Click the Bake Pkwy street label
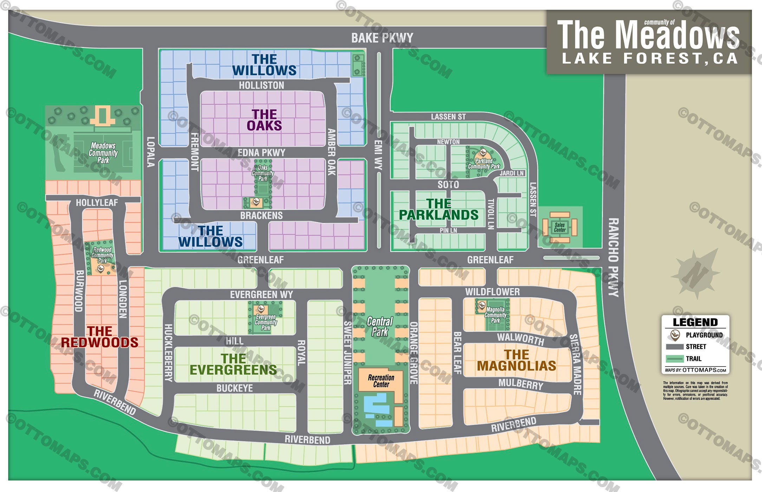pos(382,38)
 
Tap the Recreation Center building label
pos(381,381)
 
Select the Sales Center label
pos(560,227)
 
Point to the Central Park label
pos(380,326)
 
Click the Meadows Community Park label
pos(103,153)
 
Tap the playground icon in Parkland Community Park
pos(483,153)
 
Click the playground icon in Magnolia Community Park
pos(482,305)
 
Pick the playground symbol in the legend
pos(675,335)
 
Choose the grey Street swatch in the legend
pos(675,347)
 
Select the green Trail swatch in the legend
pos(675,359)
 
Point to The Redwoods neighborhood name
pos(99,337)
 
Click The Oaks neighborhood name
pos(264,120)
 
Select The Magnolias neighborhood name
pos(516,360)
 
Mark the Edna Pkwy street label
pos(261,153)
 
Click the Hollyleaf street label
pos(97,203)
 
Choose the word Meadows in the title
pos(678,35)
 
